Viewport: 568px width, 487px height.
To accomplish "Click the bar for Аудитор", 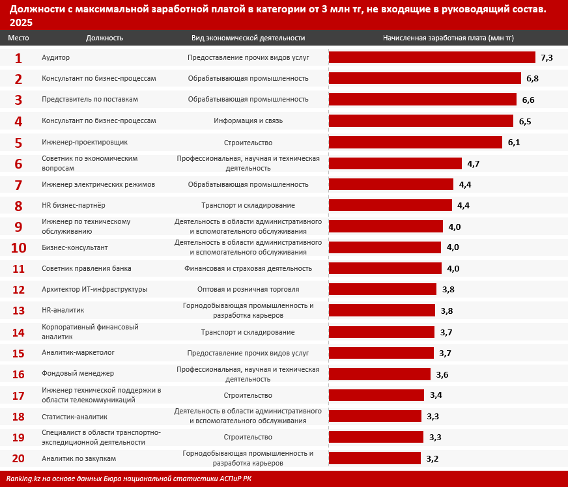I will point(432,57).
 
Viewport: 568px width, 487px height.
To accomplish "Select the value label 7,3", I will point(547,57).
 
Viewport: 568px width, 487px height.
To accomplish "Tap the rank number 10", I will point(18,247).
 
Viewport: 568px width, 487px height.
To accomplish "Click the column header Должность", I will point(104,38).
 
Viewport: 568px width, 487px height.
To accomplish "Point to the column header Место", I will point(18,38).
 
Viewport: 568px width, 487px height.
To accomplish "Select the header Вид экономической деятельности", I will point(248,38).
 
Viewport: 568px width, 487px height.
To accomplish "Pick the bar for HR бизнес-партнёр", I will point(390,205).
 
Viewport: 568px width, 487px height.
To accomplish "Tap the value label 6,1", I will point(514,142).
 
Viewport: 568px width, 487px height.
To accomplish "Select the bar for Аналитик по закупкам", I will point(375,458).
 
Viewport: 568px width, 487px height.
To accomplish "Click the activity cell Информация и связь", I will point(248,121).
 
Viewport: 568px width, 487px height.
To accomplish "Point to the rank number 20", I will point(18,458).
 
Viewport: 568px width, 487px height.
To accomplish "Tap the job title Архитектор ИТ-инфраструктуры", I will point(94,290).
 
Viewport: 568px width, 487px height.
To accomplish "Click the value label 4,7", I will point(473,163).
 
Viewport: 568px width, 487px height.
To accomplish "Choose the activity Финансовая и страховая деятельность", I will point(248,268).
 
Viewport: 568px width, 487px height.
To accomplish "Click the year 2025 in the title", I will point(21,22).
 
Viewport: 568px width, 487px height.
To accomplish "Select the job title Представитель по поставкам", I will point(90,100).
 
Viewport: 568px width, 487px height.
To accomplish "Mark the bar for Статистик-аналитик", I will point(375,416).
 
